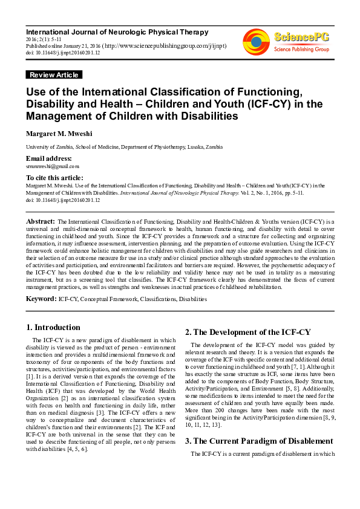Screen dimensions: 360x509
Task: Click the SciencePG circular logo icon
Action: click(x=257, y=42)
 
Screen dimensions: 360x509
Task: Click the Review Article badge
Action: click(x=54, y=75)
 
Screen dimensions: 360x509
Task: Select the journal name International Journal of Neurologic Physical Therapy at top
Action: click(x=117, y=31)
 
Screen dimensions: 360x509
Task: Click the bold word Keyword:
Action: click(x=41, y=299)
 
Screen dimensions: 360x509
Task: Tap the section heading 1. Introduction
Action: click(x=53, y=328)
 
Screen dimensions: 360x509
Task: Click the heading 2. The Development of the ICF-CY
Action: click(x=247, y=332)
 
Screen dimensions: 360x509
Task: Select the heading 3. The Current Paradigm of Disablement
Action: click(x=259, y=441)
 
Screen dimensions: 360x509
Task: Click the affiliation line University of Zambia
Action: click(x=115, y=147)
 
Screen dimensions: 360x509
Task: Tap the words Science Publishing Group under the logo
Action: click(x=301, y=49)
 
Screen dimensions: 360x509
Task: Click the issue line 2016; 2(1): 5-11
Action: click(x=44, y=39)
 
